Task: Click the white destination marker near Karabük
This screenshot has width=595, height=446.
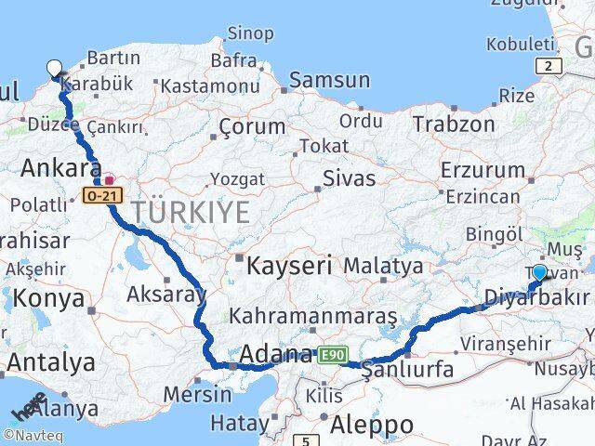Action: (54, 68)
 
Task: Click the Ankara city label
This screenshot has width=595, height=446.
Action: (59, 169)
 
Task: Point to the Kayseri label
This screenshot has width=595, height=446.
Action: (289, 267)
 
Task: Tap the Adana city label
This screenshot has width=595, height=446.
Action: (276, 354)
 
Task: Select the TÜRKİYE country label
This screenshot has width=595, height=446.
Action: (191, 213)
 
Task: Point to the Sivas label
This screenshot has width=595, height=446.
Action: (349, 177)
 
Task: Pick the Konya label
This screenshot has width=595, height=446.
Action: (48, 299)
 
